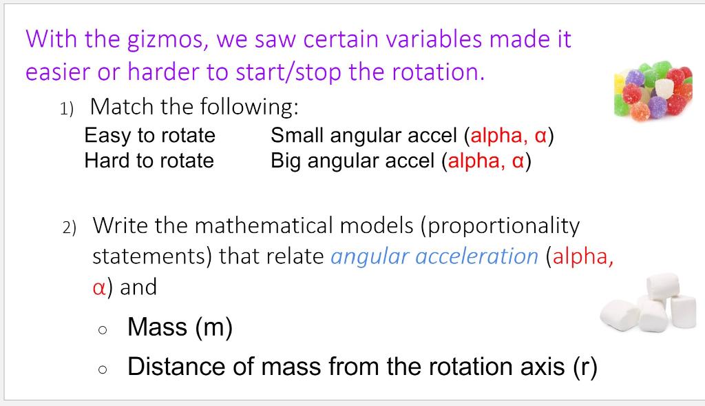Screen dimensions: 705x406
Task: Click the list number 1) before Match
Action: click(x=67, y=109)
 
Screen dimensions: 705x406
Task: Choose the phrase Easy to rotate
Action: click(x=149, y=136)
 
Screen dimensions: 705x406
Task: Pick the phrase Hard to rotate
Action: click(x=149, y=161)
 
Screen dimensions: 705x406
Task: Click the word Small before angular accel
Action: click(x=297, y=135)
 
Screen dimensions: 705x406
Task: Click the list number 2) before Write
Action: click(x=70, y=227)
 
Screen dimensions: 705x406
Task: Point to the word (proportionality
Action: click(x=500, y=226)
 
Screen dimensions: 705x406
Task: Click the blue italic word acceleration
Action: click(x=476, y=256)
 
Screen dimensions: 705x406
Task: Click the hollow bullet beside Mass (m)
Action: click(x=103, y=330)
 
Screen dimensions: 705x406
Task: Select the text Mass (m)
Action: click(x=180, y=327)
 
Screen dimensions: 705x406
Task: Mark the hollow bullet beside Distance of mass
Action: click(x=103, y=369)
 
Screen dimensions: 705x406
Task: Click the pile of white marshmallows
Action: click(x=648, y=302)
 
